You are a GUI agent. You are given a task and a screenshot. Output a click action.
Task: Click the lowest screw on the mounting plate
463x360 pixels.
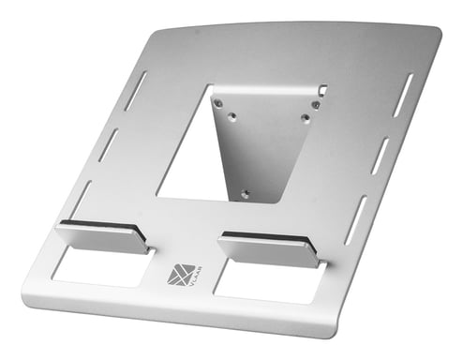(246, 194)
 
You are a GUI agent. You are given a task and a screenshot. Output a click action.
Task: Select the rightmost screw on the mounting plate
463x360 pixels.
(316, 105)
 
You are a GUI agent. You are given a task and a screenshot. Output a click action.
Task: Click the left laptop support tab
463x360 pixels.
(101, 237)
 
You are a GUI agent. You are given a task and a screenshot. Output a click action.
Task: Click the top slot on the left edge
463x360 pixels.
(136, 91)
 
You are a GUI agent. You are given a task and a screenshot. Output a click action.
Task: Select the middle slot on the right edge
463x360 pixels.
(380, 156)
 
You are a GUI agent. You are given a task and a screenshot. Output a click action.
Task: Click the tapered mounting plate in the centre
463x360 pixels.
(259, 141)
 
